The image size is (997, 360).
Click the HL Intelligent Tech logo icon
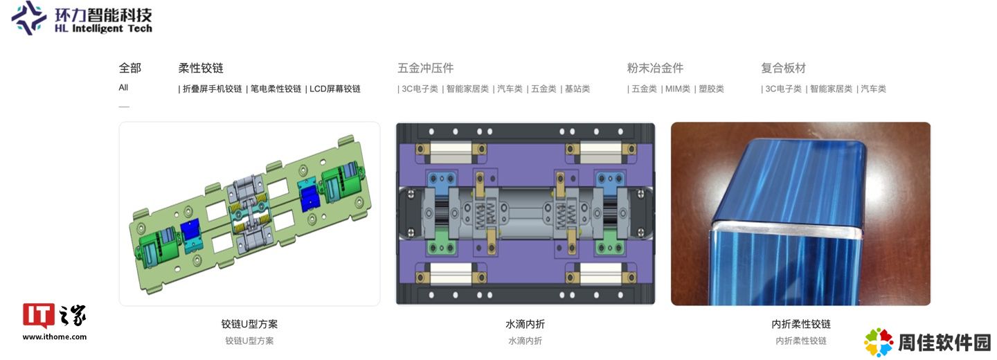[x=28, y=18]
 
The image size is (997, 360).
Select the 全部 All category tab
[x=129, y=76]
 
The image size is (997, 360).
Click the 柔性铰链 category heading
[x=201, y=68]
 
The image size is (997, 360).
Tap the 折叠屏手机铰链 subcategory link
[x=213, y=89]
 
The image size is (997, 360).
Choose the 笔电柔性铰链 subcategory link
[x=276, y=89]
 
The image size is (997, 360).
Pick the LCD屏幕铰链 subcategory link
[x=334, y=89]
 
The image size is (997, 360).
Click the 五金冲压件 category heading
[x=426, y=68]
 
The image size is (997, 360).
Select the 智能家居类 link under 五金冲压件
[x=467, y=89]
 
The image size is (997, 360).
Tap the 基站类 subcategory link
[x=577, y=89]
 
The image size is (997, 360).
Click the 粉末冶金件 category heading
[x=655, y=68]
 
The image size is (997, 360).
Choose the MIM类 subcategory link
[x=677, y=89]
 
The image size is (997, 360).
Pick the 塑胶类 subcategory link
[x=711, y=89]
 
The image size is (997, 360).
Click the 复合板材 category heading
[x=783, y=68]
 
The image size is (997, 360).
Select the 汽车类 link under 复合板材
[x=873, y=89]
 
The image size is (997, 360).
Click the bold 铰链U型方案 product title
[x=249, y=324]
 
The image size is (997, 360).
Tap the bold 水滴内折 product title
[x=526, y=324]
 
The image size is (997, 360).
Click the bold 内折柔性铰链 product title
[x=801, y=324]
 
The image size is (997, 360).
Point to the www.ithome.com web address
[x=55, y=337]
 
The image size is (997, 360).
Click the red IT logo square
[x=39, y=316]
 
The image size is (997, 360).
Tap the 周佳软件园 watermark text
[x=944, y=343]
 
